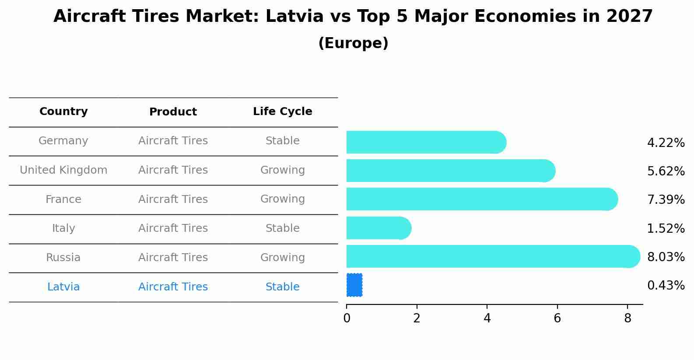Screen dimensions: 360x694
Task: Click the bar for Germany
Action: coord(426,142)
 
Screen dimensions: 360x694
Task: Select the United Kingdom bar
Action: coord(450,171)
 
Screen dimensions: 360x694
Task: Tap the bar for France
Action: coord(481,199)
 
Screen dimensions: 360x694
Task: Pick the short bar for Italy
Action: coord(379,228)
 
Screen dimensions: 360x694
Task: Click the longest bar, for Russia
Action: coord(493,256)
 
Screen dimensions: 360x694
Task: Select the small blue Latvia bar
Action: coord(354,285)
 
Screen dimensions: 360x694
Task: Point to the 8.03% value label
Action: coord(666,257)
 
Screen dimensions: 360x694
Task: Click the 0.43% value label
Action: coord(666,286)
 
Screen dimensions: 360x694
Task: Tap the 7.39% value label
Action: coord(666,200)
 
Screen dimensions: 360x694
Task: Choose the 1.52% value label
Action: coord(666,228)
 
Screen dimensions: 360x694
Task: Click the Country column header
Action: coord(63,112)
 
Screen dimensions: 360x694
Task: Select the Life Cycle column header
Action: coord(282,112)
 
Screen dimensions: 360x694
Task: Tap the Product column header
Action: coord(173,112)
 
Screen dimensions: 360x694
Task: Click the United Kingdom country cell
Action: coord(63,170)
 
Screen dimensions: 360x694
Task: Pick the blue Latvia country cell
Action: coord(63,287)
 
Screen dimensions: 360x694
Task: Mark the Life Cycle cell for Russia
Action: coord(282,258)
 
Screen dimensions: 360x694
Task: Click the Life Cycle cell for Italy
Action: coord(282,228)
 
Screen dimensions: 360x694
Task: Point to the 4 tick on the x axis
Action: coord(487,318)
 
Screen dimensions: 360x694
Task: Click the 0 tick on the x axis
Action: coord(347,318)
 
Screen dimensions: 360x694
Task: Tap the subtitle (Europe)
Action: coord(353,43)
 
